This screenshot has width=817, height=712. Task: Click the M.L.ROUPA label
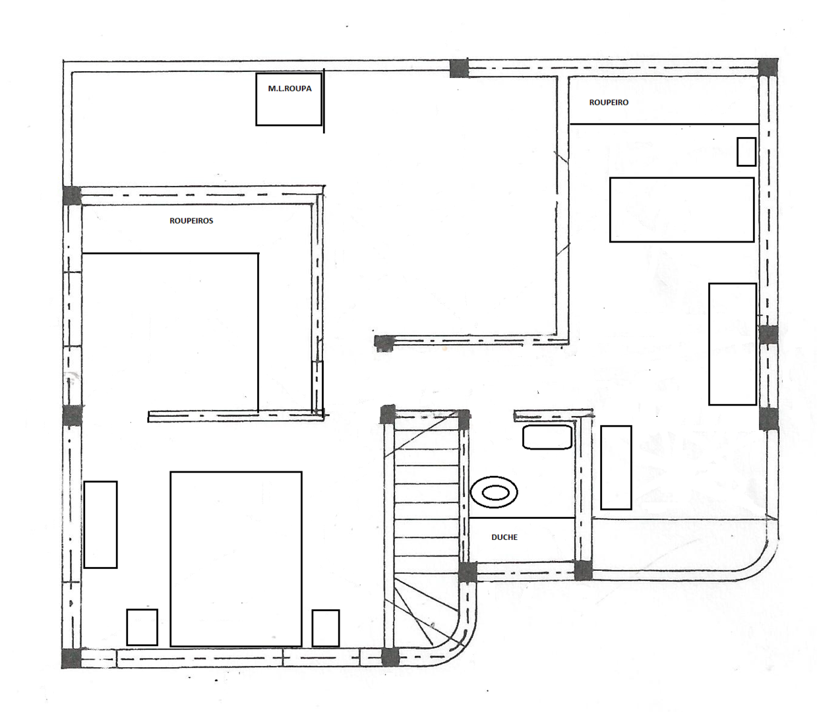click(x=289, y=88)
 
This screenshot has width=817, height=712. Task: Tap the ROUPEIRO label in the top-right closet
click(x=609, y=103)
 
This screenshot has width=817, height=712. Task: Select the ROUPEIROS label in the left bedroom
click(x=191, y=221)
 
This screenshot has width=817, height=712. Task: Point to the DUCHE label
click(x=504, y=537)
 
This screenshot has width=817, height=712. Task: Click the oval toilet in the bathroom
click(x=494, y=492)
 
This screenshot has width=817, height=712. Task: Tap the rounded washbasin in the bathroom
click(x=547, y=437)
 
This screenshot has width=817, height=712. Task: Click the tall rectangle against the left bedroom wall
click(x=101, y=524)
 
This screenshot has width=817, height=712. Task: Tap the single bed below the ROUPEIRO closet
click(x=682, y=210)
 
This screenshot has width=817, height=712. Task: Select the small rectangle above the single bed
click(x=746, y=152)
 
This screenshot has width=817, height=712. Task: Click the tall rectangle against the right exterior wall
click(x=733, y=344)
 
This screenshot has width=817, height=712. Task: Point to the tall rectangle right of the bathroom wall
click(x=616, y=467)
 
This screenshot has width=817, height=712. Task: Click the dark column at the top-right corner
click(x=768, y=68)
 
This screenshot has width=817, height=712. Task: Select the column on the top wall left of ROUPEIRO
click(x=459, y=69)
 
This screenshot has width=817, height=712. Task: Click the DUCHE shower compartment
click(x=522, y=540)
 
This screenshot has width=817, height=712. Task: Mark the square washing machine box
click(x=289, y=100)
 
